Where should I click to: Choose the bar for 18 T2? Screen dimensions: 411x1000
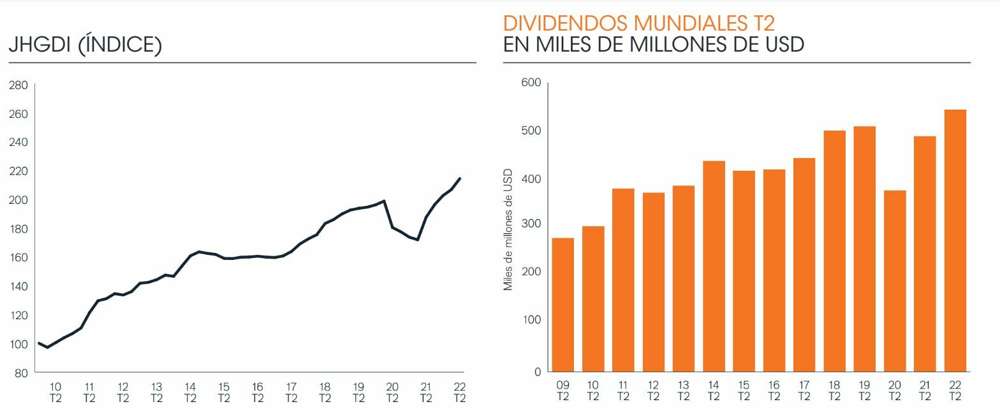tap(834, 251)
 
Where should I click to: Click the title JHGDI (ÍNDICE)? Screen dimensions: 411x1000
tap(85, 45)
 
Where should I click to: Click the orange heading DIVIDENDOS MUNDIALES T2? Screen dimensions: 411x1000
tap(639, 24)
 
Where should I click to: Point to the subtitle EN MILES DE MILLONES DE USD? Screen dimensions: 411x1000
tap(654, 45)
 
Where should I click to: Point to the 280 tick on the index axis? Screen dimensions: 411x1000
tap(18, 85)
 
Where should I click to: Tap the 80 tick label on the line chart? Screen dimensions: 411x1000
tap(21, 373)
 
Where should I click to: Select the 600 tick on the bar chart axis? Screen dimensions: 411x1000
tap(531, 82)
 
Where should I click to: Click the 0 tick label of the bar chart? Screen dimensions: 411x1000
tap(537, 371)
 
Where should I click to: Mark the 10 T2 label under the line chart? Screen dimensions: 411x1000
tap(55, 393)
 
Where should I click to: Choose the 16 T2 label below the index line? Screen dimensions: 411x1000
tap(258, 393)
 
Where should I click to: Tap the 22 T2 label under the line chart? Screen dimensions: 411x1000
tap(459, 393)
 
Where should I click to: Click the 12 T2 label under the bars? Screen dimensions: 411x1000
tap(653, 391)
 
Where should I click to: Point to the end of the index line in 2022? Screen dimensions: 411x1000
tap(460, 178)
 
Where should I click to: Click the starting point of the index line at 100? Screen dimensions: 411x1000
tap(40, 343)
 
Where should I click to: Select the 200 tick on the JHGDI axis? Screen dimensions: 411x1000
tap(18, 200)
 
